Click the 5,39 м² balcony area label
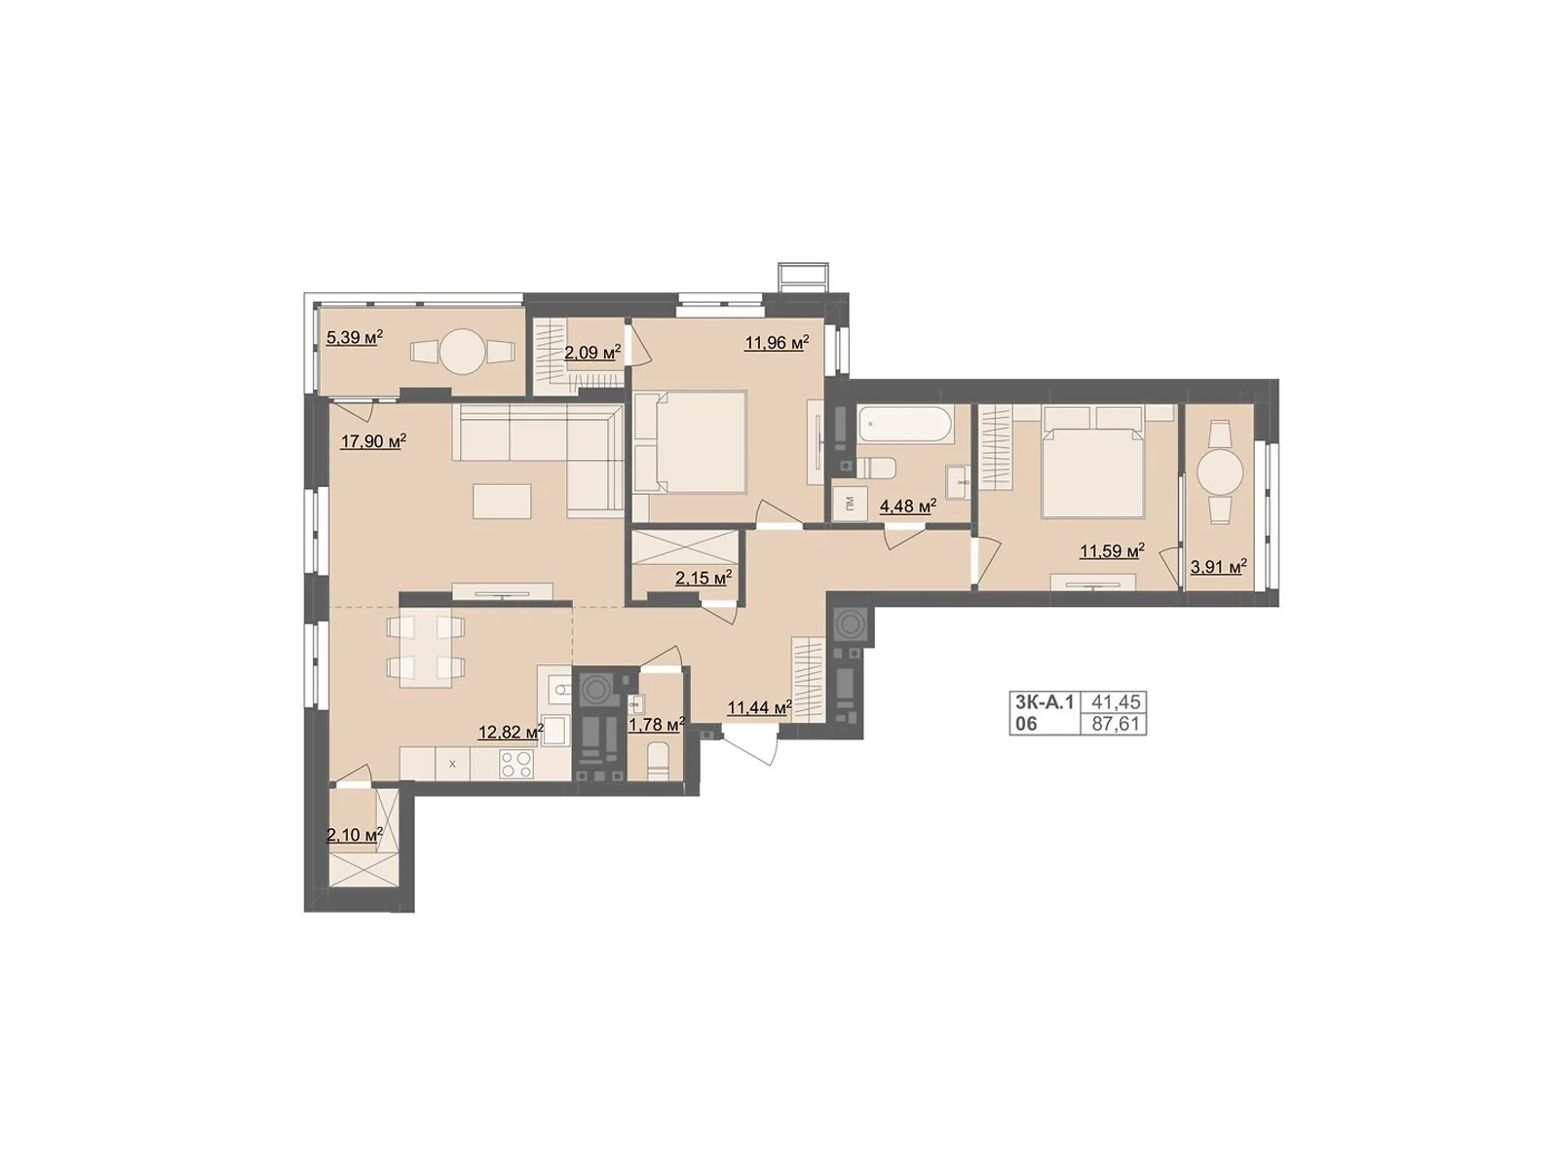(x=354, y=338)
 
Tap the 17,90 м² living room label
(x=372, y=441)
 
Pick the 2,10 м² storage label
(x=354, y=835)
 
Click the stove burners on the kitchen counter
(x=516, y=766)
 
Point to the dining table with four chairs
(x=424, y=648)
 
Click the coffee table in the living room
(x=502, y=501)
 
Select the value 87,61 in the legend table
(x=1116, y=724)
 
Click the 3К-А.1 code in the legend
(x=1044, y=701)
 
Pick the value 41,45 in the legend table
(x=1116, y=701)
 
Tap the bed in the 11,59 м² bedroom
(x=1092, y=463)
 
